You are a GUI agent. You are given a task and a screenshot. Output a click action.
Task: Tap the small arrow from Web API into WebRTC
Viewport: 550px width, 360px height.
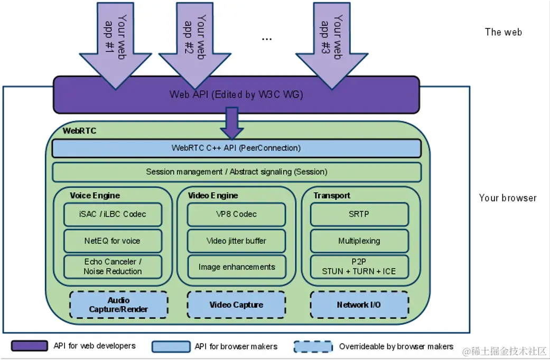coord(232,123)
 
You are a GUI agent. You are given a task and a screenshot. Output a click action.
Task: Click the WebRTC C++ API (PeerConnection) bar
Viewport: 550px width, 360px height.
coord(236,148)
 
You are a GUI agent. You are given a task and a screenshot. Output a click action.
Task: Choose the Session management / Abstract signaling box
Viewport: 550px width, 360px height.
coord(236,172)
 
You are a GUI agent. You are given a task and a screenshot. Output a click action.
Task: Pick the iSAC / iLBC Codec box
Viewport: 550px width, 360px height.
coord(113,214)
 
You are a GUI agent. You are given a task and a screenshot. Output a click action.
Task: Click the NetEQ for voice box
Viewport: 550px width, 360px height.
coord(113,241)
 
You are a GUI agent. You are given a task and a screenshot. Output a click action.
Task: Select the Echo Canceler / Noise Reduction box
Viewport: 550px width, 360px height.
coord(113,266)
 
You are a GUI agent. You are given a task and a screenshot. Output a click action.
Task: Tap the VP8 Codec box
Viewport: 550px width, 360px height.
coord(236,214)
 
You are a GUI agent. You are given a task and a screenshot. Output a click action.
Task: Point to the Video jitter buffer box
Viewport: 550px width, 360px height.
coord(236,241)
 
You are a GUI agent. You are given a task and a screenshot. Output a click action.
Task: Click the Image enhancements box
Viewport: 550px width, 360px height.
coord(236,267)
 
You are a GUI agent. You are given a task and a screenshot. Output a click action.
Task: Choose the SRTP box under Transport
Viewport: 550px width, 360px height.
coord(359,214)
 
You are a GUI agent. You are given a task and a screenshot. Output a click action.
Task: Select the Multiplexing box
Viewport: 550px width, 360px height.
coord(359,241)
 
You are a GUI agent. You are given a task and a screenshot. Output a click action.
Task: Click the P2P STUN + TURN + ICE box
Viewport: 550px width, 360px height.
coord(359,266)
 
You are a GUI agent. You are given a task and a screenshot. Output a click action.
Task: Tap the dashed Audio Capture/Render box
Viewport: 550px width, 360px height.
coord(118,304)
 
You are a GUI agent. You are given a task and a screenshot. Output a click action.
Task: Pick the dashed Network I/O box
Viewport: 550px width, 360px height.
coord(359,304)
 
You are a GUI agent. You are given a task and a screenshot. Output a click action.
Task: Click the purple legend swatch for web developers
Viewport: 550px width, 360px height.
coord(30,346)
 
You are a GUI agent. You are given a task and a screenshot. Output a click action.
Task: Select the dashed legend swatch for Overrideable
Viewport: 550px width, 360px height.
coord(313,347)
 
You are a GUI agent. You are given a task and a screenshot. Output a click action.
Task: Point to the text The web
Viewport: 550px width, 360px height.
coord(504,32)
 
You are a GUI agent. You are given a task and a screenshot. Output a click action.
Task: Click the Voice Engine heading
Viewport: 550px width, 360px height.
coord(95,196)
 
